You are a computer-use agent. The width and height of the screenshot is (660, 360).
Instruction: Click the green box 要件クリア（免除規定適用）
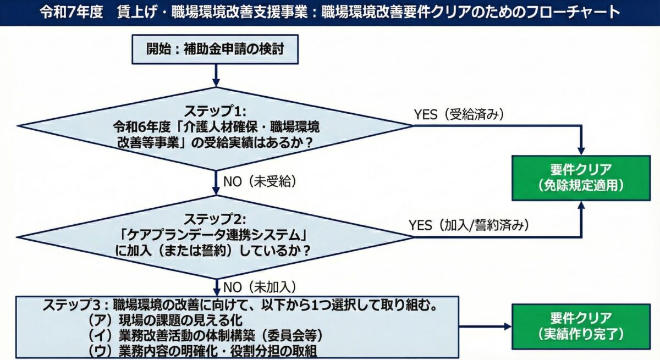(581, 178)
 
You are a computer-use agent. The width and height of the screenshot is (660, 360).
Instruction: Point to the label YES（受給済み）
(459, 115)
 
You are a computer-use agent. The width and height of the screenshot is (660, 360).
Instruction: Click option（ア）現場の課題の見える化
(165, 320)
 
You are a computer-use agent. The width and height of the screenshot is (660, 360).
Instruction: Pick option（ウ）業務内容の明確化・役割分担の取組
(204, 350)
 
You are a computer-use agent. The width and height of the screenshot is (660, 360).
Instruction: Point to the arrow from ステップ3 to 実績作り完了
(484, 326)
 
